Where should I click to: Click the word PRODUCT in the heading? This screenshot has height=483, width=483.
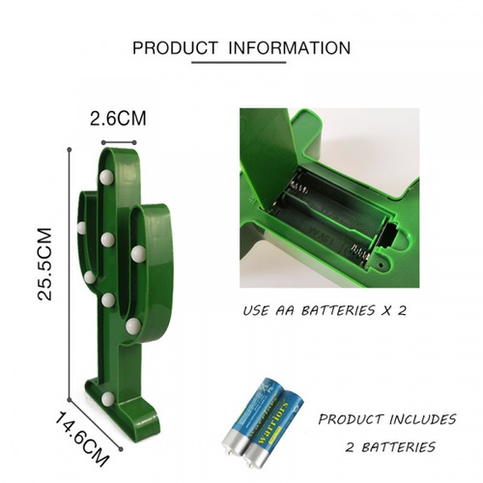coord(175,47)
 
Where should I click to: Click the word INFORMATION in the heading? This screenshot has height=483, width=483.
coord(290,47)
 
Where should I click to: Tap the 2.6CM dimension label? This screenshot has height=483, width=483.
coord(118,118)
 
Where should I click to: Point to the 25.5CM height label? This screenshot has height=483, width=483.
coord(44,264)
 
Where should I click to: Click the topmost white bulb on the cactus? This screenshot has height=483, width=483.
coord(106,177)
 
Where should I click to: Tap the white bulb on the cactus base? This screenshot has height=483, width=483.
coord(107,399)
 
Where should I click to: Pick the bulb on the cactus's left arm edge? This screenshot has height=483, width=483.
coord(81,228)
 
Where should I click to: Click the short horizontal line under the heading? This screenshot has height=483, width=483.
coord(239,63)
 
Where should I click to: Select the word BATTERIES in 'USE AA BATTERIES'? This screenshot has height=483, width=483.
coord(338,311)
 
